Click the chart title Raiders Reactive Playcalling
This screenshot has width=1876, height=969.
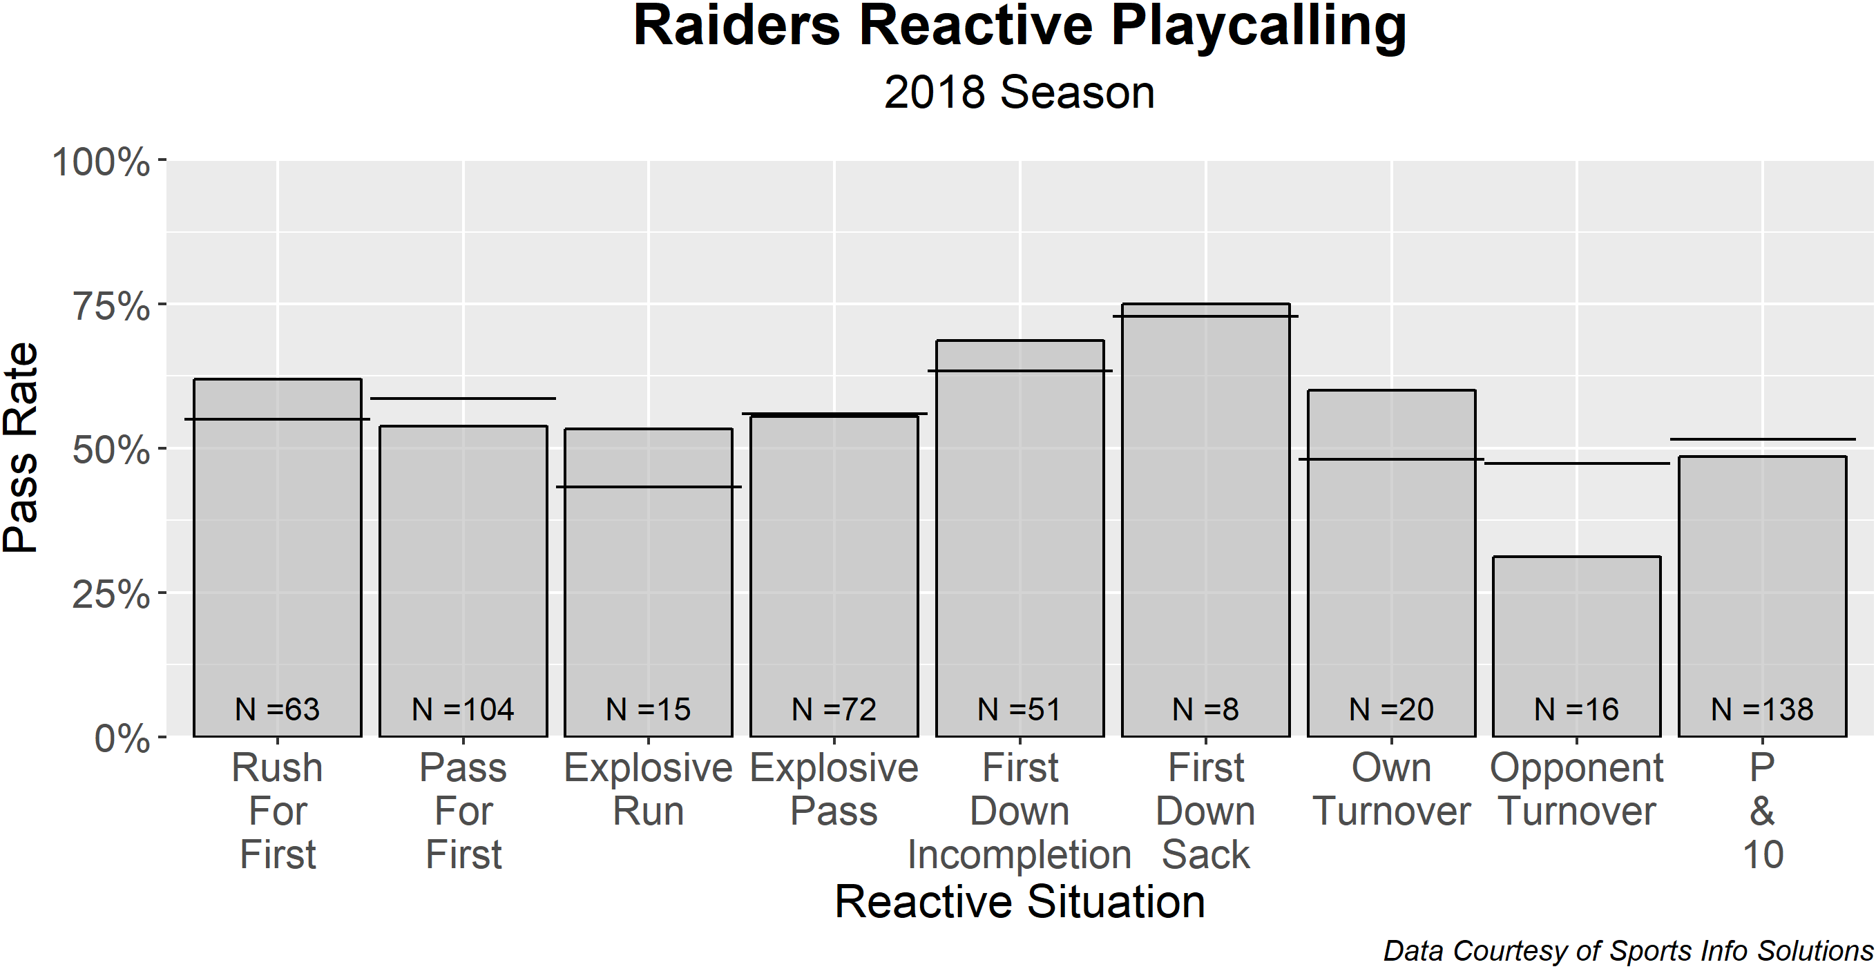1019,28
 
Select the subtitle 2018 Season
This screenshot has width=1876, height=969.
1019,93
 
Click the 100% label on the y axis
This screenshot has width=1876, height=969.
102,162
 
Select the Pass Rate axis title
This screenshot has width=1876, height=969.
21,448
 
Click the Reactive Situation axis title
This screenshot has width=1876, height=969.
1019,902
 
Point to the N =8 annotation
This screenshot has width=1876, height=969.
1205,709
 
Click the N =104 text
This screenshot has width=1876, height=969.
463,709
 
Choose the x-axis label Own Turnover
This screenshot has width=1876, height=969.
1391,790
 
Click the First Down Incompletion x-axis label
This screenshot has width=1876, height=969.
1020,811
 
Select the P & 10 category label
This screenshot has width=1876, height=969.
1763,811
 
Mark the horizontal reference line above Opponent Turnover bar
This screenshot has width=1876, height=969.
1577,463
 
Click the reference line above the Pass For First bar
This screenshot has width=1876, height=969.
463,399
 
